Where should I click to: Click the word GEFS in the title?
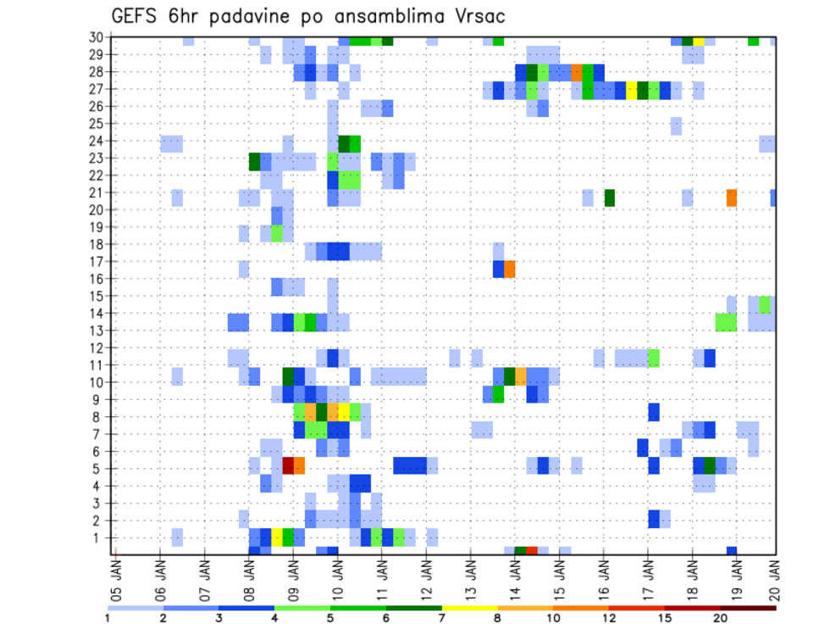click(x=135, y=16)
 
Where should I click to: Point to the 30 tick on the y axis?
click(x=97, y=37)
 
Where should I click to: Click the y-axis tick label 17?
click(x=97, y=262)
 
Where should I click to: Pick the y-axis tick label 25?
click(x=97, y=124)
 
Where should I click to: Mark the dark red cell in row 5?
click(x=288, y=465)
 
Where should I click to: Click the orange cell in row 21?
click(x=731, y=198)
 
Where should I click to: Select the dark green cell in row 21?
click(x=609, y=198)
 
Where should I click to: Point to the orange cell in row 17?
click(x=510, y=269)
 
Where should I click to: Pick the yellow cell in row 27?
click(x=632, y=90)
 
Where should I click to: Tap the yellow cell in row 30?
click(x=699, y=40)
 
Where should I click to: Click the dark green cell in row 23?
click(x=254, y=160)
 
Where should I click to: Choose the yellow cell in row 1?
click(x=277, y=537)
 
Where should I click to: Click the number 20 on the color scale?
click(x=721, y=617)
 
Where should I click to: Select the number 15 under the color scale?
click(x=665, y=617)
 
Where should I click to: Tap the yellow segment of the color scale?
click(x=469, y=607)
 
